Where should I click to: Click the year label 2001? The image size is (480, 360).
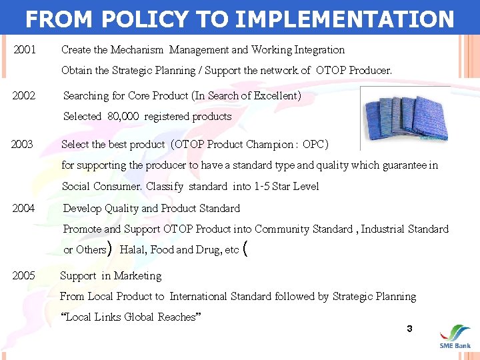coord(25,49)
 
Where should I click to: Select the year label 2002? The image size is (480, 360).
coord(24,95)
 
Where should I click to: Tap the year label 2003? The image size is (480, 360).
coord(22,144)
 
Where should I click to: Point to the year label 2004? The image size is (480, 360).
coord(24,208)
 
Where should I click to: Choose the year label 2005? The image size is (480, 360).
coord(24,275)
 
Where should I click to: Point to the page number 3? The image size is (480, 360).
coord(409,329)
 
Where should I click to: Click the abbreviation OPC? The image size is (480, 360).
coord(313,144)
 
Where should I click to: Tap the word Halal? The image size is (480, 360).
coord(133,249)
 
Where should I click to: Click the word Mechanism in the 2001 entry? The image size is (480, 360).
coord(137,49)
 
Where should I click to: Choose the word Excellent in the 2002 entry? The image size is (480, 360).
coord(276,95)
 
